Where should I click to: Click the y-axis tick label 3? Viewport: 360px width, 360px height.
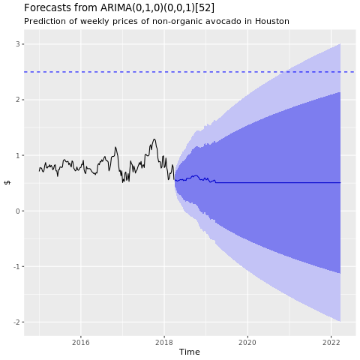(18, 44)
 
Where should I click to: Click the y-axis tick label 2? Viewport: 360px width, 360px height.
(18, 100)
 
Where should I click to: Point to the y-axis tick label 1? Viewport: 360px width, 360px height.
(18, 155)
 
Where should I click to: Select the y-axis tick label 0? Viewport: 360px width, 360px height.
(18, 211)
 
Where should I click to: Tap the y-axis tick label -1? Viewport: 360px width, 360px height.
(16, 266)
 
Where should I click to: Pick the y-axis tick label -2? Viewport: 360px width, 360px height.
(16, 322)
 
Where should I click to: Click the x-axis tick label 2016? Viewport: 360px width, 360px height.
(81, 342)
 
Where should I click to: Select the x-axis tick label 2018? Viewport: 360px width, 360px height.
(164, 342)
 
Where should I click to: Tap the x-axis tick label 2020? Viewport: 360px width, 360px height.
(247, 342)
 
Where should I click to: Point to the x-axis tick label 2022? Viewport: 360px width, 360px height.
(331, 342)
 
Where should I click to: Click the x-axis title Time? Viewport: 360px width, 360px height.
(189, 352)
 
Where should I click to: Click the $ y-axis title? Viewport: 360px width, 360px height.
(7, 183)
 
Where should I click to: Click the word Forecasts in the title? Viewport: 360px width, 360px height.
(49, 7)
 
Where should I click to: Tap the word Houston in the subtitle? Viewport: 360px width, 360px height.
(270, 21)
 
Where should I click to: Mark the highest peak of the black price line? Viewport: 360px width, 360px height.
(154, 139)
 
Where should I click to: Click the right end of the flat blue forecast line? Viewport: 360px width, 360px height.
(340, 183)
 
